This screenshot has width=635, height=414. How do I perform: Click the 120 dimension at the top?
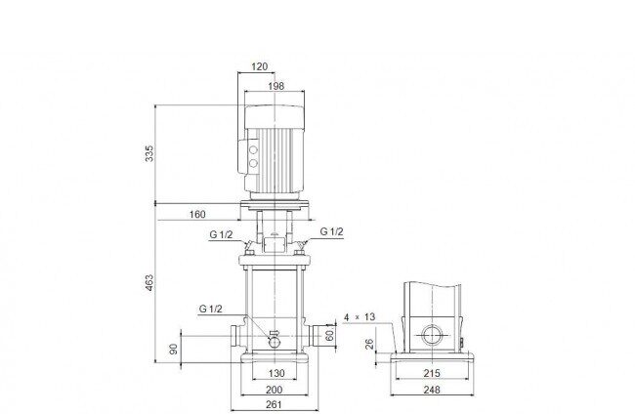(259, 66)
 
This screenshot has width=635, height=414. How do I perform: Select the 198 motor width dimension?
(276, 86)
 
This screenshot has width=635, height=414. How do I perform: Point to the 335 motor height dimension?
(149, 153)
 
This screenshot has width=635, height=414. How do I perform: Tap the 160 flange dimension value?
(197, 214)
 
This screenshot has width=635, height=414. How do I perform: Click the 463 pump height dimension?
(149, 283)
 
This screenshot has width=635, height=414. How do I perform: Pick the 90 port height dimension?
(173, 349)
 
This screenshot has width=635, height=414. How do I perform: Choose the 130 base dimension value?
(276, 373)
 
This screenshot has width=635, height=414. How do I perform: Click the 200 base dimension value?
(275, 391)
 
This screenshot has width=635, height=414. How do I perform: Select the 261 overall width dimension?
(275, 404)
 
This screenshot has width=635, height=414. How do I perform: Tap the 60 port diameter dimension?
(329, 336)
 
